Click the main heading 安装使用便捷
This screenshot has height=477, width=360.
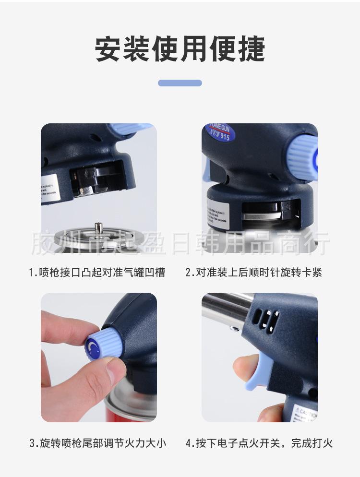[180, 49]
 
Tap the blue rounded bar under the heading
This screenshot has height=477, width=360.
[180, 83]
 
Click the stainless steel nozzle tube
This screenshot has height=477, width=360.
[226, 310]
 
